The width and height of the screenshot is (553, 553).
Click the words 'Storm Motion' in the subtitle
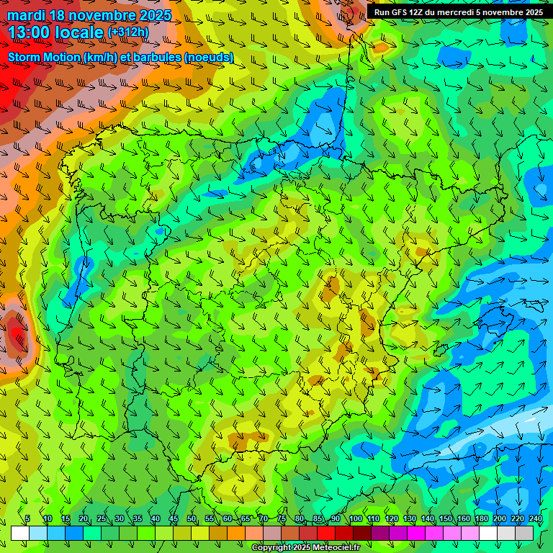tap(44, 57)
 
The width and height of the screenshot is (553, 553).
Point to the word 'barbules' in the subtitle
tap(158, 57)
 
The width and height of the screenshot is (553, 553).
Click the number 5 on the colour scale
tap(27, 519)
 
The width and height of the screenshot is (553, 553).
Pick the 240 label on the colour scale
tap(536, 519)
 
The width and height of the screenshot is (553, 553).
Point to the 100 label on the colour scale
tap(355, 519)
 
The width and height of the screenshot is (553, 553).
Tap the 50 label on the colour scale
tap(192, 519)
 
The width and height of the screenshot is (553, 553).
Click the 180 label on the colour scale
tap(482, 519)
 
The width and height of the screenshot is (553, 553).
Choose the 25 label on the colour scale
tap(102, 519)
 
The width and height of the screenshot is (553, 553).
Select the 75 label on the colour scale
tap(282, 519)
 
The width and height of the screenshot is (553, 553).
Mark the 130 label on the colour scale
tap(409, 519)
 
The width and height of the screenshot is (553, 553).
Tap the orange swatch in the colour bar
tap(236, 533)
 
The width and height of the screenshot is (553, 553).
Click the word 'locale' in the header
tap(82, 32)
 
